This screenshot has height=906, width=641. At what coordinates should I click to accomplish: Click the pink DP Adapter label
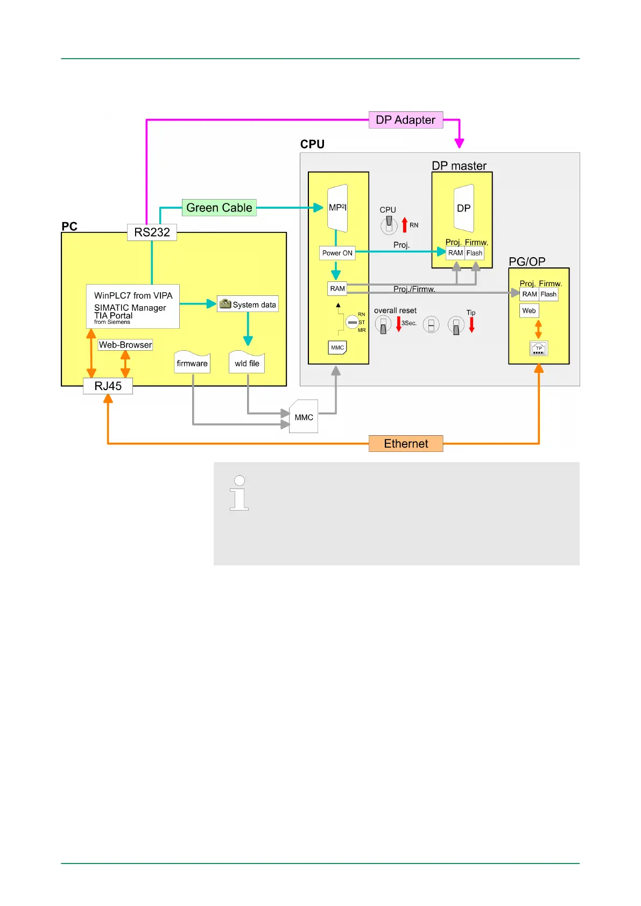point(405,120)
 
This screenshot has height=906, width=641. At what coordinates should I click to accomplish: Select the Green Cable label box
point(219,208)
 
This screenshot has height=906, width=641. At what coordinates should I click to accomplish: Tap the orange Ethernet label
point(406,444)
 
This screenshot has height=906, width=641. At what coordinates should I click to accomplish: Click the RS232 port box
point(152,232)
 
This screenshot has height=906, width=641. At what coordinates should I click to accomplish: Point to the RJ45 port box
point(108,386)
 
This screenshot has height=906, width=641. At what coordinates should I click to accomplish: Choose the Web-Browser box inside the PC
point(125,345)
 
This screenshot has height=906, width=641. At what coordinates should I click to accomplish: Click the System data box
point(248,305)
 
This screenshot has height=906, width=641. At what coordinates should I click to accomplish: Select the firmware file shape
point(192,363)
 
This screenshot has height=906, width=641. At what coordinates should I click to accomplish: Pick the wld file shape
point(247,363)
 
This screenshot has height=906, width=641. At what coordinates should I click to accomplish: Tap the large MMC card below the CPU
point(304,417)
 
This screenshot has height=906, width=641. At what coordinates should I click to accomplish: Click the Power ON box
point(337,253)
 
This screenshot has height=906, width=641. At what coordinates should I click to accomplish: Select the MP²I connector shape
point(337,208)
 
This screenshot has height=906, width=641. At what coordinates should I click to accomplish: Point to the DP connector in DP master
point(463,208)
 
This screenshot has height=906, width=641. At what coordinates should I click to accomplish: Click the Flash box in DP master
point(474,253)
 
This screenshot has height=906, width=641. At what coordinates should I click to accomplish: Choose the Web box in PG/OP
point(529,310)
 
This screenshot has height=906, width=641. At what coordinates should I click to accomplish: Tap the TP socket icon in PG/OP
point(539,349)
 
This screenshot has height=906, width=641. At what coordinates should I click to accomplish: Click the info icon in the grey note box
point(239,493)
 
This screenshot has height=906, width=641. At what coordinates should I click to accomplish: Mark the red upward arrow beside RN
point(405,225)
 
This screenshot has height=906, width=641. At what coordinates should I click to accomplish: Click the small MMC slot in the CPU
point(337,348)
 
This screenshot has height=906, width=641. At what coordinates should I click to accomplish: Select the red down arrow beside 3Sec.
point(399,324)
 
